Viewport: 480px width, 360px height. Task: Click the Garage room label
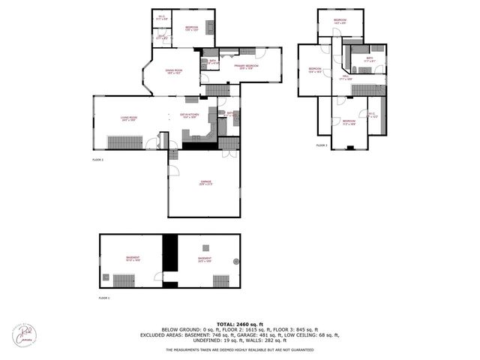coord(206,182)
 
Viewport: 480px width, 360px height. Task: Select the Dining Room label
coord(175,73)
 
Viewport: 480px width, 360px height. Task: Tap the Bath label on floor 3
coord(369,59)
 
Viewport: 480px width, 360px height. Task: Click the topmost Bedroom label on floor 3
coord(340,20)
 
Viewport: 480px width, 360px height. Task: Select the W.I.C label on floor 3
coord(371,115)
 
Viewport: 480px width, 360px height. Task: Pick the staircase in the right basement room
coord(220,281)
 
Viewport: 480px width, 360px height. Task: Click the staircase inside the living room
coord(174,153)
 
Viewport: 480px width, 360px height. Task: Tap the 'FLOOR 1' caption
coord(104,298)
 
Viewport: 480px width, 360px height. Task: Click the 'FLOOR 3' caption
coord(322,145)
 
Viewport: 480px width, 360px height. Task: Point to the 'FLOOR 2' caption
coord(97,160)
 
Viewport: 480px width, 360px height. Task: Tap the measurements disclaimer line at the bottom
coord(240,349)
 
